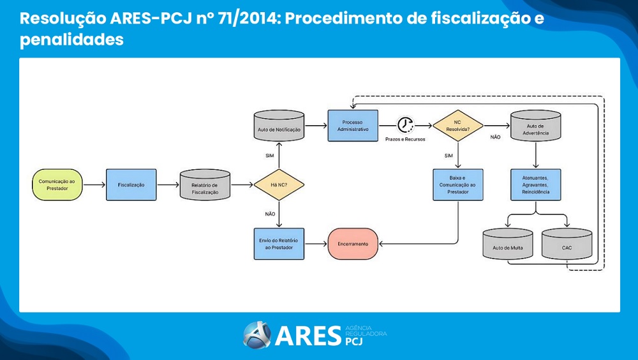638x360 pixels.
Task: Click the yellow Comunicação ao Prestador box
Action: [57, 184]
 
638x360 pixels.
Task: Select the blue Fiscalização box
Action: [131, 184]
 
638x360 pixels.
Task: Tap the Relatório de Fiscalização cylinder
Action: [205, 185]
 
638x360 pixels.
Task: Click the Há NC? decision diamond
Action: [279, 185]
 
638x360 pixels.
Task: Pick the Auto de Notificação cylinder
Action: [279, 126]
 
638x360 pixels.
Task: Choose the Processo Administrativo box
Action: [353, 126]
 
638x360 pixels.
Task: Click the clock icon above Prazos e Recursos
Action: [405, 124]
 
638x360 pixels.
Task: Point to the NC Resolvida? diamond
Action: [457, 125]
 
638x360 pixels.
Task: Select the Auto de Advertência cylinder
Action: [535, 126]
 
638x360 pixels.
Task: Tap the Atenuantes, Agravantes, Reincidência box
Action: [535, 184]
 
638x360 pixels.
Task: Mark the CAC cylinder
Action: [567, 244]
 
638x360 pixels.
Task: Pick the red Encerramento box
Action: [353, 243]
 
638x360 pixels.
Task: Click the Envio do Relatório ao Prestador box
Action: [279, 243]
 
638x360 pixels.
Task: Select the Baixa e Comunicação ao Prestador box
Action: [457, 184]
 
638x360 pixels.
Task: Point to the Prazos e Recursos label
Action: [405, 139]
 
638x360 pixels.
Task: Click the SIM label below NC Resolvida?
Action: [449, 155]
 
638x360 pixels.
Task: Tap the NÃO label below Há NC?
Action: [270, 214]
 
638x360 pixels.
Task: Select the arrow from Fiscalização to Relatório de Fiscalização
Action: [168, 184]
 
